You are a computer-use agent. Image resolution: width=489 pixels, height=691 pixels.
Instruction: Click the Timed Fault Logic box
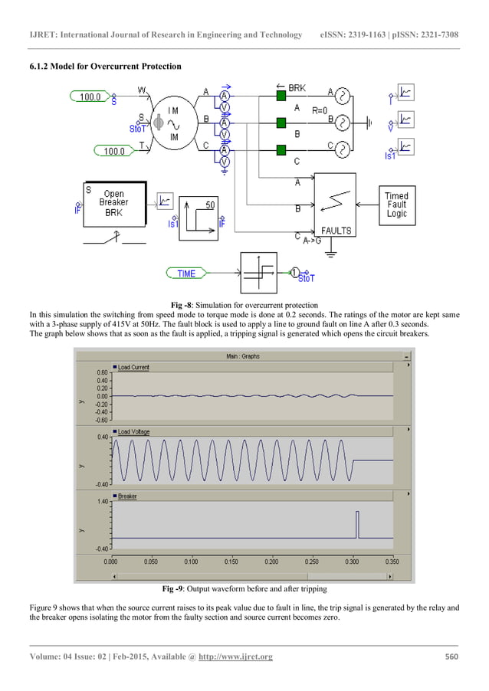coord(396,205)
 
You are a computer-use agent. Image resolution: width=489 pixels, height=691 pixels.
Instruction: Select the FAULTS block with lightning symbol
coord(336,205)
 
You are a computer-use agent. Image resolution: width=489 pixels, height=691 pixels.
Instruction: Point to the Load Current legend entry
coord(133,367)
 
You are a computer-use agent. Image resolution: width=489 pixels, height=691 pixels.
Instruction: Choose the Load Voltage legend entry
coord(133,432)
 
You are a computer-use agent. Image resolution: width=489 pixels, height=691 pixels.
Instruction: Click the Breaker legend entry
coord(127,496)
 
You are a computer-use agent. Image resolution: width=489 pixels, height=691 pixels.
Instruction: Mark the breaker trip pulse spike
coord(356,525)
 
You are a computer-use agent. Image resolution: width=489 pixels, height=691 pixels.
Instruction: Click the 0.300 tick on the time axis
coord(352,561)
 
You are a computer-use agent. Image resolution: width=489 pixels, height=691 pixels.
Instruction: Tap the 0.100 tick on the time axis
coord(191,561)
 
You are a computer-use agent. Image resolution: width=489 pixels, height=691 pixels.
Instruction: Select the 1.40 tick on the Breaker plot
coord(102,502)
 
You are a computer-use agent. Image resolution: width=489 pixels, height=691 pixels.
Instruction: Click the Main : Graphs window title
coord(242,355)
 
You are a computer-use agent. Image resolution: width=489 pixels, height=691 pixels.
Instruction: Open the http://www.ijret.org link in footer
coord(236,657)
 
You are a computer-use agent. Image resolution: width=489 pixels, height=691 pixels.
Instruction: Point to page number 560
coord(451,657)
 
